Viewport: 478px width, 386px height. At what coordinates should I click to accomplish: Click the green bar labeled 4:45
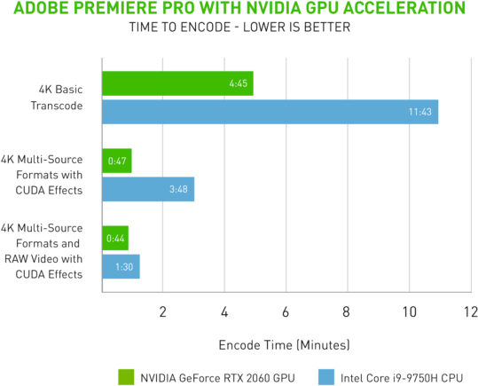177,83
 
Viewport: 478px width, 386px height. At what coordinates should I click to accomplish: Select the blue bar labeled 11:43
270,112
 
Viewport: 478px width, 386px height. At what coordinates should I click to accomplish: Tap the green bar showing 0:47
117,161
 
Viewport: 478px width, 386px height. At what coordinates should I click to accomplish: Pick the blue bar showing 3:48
148,189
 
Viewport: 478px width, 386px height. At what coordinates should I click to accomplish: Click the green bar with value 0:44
115,238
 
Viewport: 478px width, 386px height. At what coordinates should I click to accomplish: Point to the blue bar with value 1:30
121,267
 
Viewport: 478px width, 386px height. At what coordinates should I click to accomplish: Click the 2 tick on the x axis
163,311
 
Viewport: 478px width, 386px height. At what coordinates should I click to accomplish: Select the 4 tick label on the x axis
224,311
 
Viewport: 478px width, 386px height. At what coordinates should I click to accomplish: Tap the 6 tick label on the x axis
286,311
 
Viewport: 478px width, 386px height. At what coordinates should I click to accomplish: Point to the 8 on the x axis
347,311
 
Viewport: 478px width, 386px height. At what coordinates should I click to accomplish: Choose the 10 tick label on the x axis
409,311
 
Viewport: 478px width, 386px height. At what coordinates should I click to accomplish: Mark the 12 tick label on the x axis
470,311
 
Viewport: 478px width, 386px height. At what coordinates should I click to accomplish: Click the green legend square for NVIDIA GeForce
126,375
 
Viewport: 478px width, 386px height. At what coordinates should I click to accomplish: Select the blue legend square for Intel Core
325,375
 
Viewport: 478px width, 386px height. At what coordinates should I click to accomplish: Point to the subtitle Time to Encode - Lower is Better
239,27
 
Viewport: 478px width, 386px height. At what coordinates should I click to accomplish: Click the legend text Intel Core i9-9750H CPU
401,375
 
